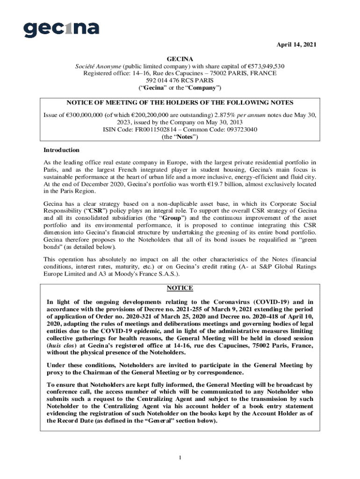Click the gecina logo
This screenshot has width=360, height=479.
pyautogui.click(x=61, y=29)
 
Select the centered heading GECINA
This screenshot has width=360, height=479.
pyautogui.click(x=180, y=59)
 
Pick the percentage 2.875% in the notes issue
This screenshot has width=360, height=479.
pyautogui.click(x=225, y=115)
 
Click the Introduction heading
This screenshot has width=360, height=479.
pyautogui.click(x=61, y=150)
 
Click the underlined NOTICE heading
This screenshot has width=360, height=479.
pyautogui.click(x=180, y=288)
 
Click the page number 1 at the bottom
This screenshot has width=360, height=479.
pyautogui.click(x=180, y=457)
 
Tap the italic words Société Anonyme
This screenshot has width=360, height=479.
pyautogui.click(x=98, y=66)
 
